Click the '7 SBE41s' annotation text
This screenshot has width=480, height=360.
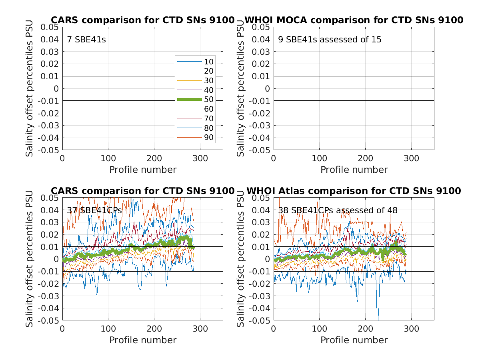coord(86,40)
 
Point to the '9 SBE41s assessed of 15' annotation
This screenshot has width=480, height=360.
coord(330,40)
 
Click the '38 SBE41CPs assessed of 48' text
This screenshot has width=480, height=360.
coord(338,210)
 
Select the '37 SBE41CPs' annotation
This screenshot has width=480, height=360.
coord(94,210)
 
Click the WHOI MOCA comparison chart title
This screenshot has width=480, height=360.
coord(354,20)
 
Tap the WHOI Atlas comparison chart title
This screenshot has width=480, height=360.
coord(354,191)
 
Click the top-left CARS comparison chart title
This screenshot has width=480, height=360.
coord(142,20)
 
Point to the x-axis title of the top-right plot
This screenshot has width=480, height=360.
coord(354,170)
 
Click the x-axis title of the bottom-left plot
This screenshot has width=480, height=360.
coord(142,340)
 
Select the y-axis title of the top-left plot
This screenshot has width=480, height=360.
coord(30,88)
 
